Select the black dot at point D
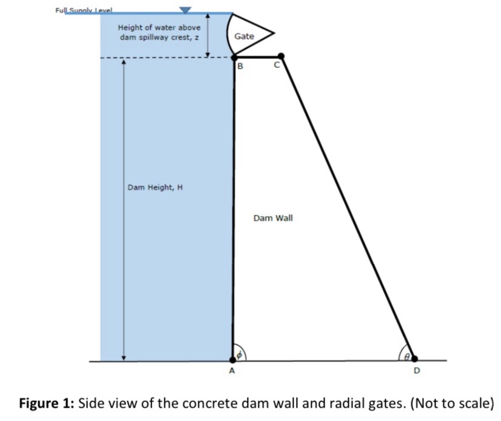click(x=414, y=360)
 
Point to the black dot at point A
click(x=234, y=360)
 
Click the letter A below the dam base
click(x=232, y=371)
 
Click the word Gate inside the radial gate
click(x=244, y=36)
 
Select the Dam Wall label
click(x=273, y=217)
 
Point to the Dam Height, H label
click(x=155, y=187)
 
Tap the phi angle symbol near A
click(x=240, y=354)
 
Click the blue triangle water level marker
click(x=186, y=9)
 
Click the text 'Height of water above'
click(x=159, y=27)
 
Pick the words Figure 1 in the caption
click(x=46, y=403)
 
